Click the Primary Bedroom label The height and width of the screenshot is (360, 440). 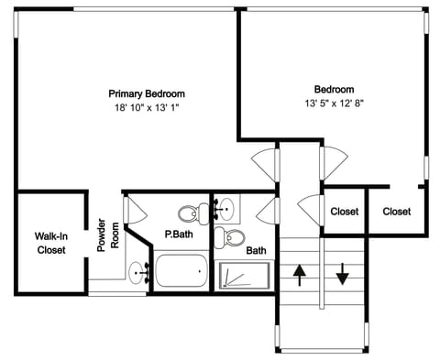point(147,93)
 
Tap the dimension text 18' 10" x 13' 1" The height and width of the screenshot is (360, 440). point(147,107)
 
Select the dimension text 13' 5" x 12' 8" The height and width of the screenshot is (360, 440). point(334,103)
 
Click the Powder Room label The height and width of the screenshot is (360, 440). point(109,235)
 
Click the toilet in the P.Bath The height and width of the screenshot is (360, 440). point(191,214)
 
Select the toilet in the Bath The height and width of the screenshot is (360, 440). point(233,239)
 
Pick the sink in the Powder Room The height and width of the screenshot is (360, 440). point(139,271)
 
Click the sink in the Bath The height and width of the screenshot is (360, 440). point(223,211)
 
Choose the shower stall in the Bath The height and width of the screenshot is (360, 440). point(244,275)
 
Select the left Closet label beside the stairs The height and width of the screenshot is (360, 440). point(345,212)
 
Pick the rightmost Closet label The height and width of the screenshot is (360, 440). point(396,212)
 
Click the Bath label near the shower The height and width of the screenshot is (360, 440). point(256,250)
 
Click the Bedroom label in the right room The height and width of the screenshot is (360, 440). point(334,89)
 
